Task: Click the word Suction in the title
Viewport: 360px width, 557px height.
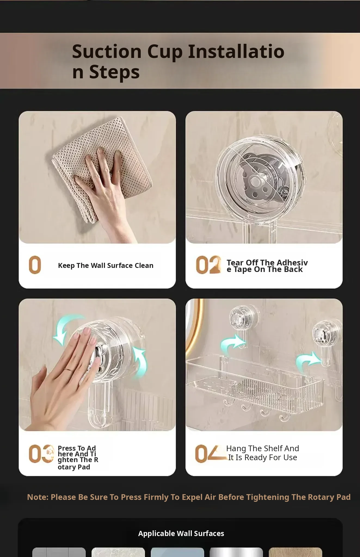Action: [x=107, y=51]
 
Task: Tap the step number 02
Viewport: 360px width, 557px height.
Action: [x=208, y=265]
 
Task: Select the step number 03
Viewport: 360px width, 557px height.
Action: [x=41, y=454]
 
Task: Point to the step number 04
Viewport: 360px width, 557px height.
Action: [x=211, y=454]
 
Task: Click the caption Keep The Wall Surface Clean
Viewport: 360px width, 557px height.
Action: [x=106, y=265]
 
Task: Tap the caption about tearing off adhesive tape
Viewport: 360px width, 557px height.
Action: [x=267, y=266]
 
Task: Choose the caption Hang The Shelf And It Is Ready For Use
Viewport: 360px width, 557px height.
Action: [x=263, y=453]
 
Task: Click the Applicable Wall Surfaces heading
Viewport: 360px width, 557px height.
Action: [x=181, y=533]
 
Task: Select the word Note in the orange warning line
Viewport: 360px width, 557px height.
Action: [x=38, y=497]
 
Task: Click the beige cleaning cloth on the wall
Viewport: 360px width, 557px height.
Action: [x=101, y=169]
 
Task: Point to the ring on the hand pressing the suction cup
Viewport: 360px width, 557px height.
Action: [x=68, y=369]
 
